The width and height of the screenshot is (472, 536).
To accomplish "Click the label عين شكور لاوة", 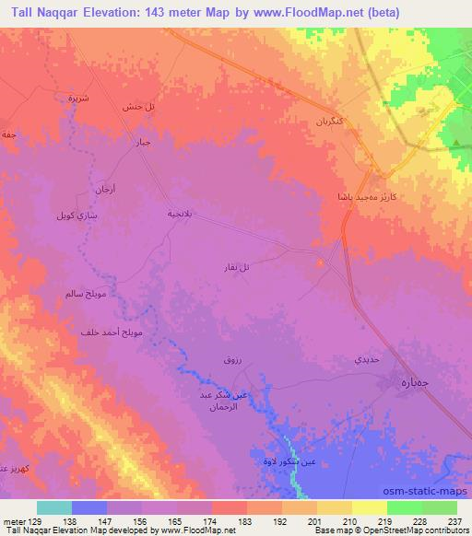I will coord(274,461).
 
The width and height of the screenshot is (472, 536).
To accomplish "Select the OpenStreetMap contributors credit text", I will coord(419,530).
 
